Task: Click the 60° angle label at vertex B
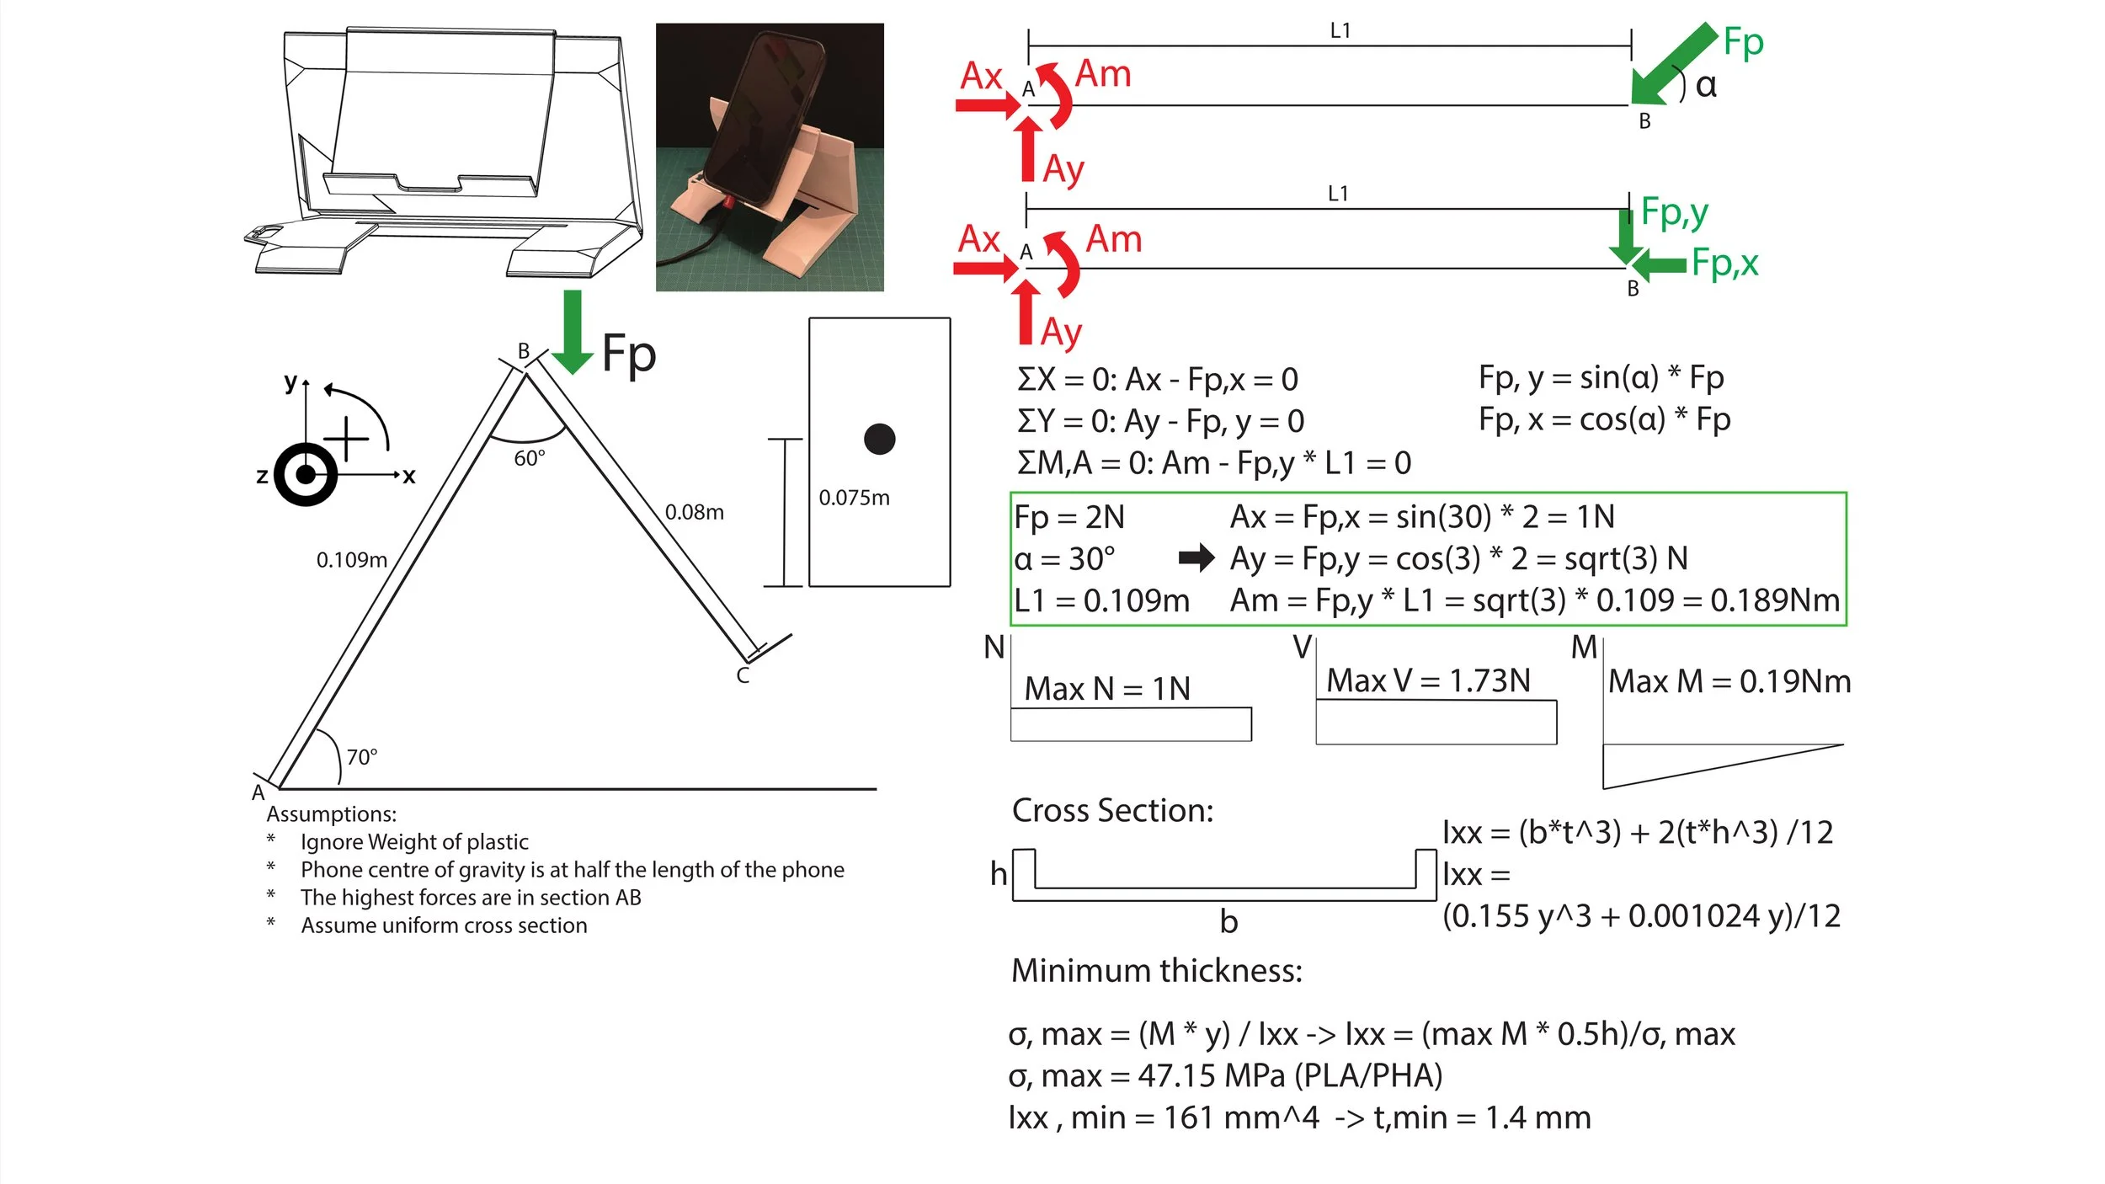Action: coord(530,459)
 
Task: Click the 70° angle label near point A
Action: coord(362,757)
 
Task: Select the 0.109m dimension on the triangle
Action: coord(352,560)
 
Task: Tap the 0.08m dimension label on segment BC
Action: coord(694,512)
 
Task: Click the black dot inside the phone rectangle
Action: coord(879,439)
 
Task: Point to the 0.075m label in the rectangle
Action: coord(854,498)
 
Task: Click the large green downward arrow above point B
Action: coord(573,332)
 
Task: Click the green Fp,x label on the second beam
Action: coord(1724,263)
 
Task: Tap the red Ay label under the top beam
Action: coord(1063,169)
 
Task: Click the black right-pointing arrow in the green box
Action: coord(1196,557)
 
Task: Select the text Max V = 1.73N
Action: coord(1428,680)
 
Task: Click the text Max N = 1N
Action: coord(1107,689)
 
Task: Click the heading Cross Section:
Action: coord(1112,810)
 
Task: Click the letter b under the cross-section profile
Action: coord(1228,922)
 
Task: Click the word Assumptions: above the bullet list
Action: coord(331,814)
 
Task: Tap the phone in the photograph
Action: coord(762,118)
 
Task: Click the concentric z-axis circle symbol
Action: coord(306,474)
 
